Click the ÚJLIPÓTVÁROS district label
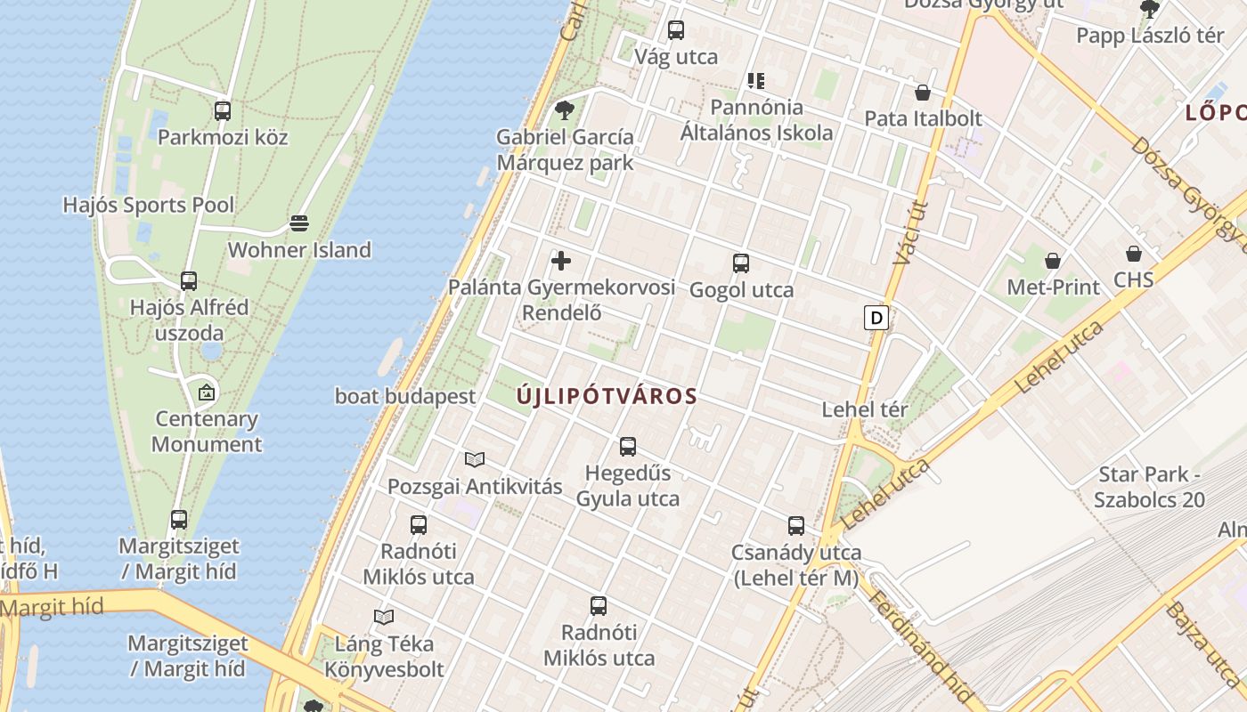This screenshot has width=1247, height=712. tap(607, 397)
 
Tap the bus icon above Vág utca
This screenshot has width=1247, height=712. tap(676, 30)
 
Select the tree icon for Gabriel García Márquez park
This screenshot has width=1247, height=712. tap(564, 110)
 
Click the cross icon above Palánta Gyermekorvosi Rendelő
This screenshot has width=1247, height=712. tap(561, 261)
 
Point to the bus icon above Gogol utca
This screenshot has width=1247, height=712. tap(741, 263)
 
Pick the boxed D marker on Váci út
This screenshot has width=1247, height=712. tap(876, 318)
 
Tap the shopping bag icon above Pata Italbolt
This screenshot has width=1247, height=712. tap(923, 93)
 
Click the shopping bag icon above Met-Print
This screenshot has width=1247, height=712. tap(1053, 261)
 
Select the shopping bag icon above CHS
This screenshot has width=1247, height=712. tap(1134, 254)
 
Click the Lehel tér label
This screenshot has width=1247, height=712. tap(864, 410)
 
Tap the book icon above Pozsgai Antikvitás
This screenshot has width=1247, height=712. tap(475, 459)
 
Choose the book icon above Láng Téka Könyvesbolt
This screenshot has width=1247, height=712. tap(384, 617)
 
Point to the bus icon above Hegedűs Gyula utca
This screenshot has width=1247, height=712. tap(628, 447)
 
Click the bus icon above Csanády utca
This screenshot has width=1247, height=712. tap(796, 526)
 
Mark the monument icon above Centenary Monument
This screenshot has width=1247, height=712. tap(207, 391)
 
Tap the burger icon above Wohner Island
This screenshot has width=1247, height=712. tap(299, 222)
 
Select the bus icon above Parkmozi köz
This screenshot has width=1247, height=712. tap(223, 111)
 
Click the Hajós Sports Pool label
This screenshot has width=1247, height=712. tap(149, 205)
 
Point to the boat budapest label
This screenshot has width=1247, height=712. tap(405, 396)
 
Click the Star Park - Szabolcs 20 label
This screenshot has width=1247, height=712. tap(1149, 487)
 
